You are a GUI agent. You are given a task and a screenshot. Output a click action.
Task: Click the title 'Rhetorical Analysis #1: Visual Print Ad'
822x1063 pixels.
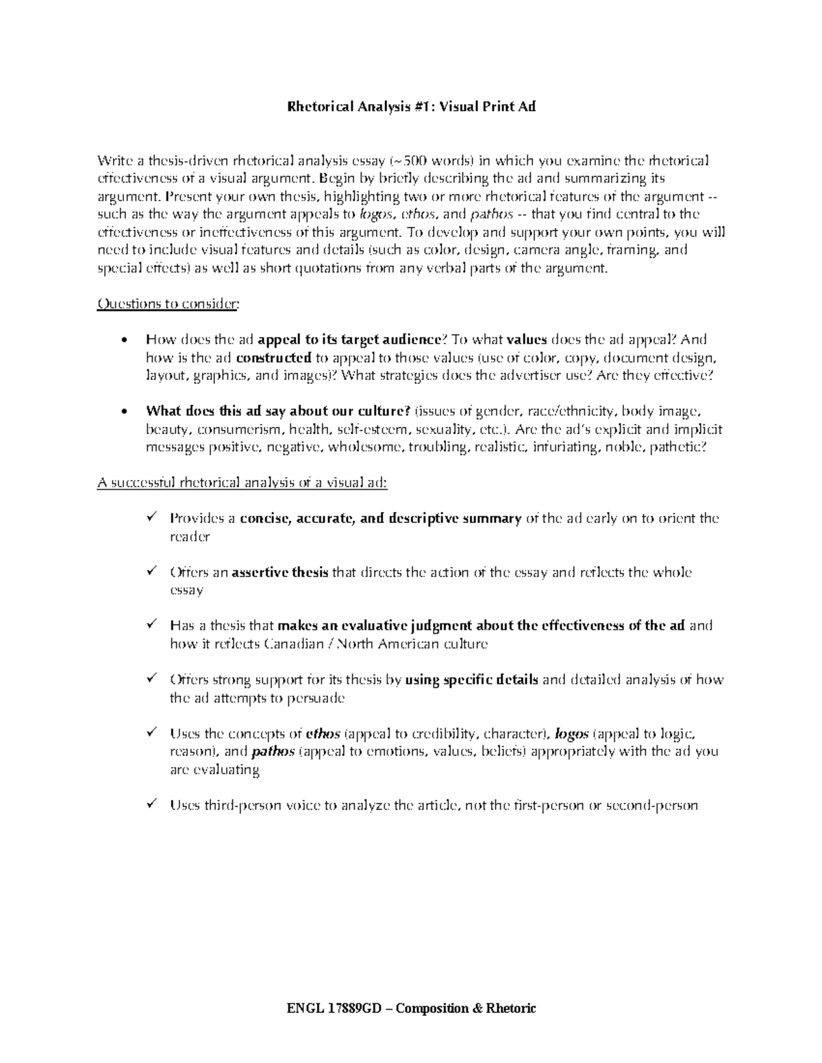410,107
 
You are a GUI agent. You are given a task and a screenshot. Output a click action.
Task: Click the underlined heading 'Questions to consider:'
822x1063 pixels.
169,304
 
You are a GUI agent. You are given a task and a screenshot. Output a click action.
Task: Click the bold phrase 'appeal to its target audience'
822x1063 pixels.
350,340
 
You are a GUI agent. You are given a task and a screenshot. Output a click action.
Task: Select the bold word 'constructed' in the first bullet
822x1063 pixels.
273,357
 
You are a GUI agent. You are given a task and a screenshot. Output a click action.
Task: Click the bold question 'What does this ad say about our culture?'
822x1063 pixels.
278,411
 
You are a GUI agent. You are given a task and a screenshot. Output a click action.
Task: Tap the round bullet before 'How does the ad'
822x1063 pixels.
124,340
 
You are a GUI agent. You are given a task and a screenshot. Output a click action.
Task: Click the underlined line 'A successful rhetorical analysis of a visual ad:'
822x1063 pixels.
242,483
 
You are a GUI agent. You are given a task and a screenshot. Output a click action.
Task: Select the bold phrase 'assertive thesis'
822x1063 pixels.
281,572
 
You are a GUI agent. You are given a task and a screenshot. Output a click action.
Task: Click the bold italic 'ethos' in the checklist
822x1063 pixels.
322,734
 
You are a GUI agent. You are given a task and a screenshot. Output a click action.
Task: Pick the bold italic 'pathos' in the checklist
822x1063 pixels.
273,752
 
